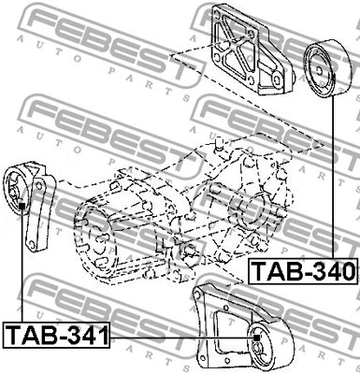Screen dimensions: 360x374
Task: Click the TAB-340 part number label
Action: [303, 271]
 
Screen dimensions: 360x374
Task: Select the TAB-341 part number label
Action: [57, 335]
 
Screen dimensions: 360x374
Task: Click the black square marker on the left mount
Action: [22, 206]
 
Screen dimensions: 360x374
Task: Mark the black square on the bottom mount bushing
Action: [256, 338]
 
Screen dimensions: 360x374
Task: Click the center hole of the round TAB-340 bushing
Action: [320, 71]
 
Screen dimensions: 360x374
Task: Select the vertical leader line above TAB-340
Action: [333, 178]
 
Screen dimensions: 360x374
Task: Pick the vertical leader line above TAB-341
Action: [22, 266]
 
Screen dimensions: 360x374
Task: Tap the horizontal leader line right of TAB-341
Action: [181, 338]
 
